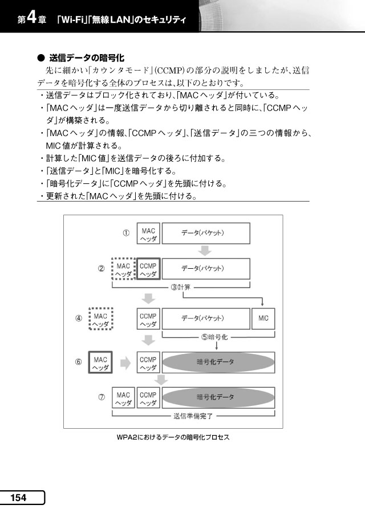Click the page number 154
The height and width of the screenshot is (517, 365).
[18, 498]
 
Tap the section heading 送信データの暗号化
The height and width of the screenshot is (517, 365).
[87, 58]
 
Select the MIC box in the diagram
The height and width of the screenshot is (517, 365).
[263, 318]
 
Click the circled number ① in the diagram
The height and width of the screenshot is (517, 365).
[126, 233]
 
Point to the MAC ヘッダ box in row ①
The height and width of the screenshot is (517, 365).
[148, 233]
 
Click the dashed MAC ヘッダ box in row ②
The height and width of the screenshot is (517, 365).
[124, 269]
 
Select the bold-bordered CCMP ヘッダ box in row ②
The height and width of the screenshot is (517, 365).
[148, 269]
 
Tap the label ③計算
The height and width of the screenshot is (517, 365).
[181, 287]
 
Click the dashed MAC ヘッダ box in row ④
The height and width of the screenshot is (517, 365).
[101, 319]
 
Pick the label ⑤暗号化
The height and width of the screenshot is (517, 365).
[214, 337]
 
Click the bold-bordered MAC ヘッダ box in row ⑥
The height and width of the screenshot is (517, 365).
[100, 362]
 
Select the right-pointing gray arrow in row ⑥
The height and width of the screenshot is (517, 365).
[125, 363]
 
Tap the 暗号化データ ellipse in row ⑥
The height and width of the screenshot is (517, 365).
[218, 362]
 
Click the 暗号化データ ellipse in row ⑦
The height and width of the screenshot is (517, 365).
[218, 397]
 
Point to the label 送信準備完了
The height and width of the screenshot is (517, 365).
[193, 416]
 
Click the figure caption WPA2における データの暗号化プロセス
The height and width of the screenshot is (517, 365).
[173, 437]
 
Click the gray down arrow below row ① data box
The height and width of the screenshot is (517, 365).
[205, 251]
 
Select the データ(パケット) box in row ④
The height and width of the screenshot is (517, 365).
[206, 318]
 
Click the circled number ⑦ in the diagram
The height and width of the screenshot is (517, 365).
[102, 397]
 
